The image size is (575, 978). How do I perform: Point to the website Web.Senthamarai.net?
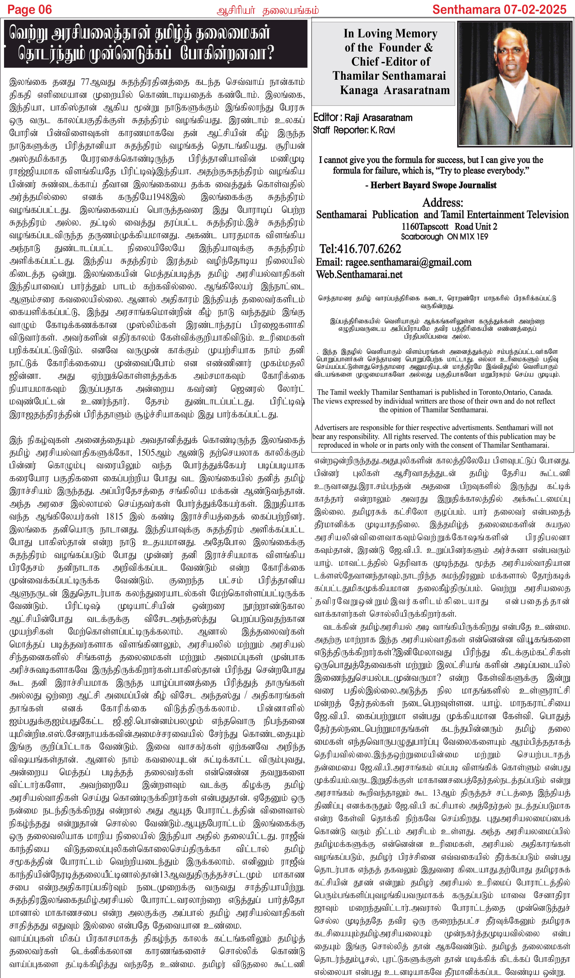tap(359, 274)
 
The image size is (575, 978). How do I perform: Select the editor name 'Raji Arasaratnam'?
tap(378, 118)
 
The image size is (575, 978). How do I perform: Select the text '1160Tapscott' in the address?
tap(424, 226)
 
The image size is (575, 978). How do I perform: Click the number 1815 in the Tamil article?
tap(114, 517)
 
